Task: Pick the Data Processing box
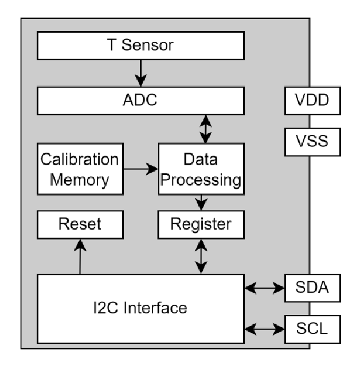[x=201, y=169]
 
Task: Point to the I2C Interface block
[x=141, y=308]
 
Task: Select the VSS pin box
[x=313, y=141]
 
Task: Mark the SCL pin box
[x=313, y=328]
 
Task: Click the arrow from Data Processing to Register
[x=201, y=203]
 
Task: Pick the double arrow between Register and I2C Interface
[x=201, y=256]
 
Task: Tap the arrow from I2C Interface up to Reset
[x=80, y=256]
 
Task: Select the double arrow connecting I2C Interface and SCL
[x=264, y=329]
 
